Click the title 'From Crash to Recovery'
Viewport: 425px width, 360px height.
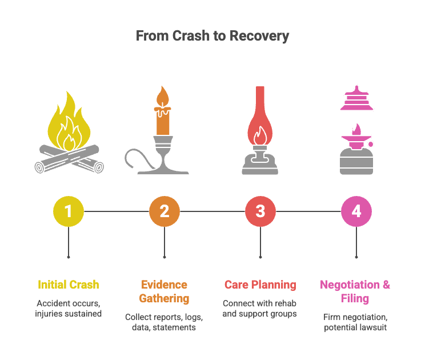[x=213, y=36]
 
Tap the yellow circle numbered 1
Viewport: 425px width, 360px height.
[x=69, y=211]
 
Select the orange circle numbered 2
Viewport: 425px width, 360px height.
[x=165, y=211]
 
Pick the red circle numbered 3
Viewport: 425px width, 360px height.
[x=260, y=211]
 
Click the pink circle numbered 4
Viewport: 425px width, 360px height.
[x=356, y=211]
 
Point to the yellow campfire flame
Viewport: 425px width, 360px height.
[x=69, y=122]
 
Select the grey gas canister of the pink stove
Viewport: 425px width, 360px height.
[x=356, y=162]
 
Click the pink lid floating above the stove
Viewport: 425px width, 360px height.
[x=356, y=99]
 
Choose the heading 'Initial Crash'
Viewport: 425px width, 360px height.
[x=69, y=285]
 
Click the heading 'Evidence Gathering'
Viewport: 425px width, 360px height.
[x=165, y=291]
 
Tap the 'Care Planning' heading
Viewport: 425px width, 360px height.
[x=260, y=285]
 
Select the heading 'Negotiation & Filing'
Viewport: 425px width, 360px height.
[x=355, y=291]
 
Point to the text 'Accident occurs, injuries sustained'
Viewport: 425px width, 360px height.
[x=69, y=309]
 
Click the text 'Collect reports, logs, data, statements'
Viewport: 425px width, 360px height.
[x=164, y=322]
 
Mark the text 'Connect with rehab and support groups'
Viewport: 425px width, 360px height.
[x=260, y=309]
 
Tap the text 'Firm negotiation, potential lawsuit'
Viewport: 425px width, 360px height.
[x=355, y=322]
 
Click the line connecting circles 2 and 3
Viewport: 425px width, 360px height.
[x=213, y=211]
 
